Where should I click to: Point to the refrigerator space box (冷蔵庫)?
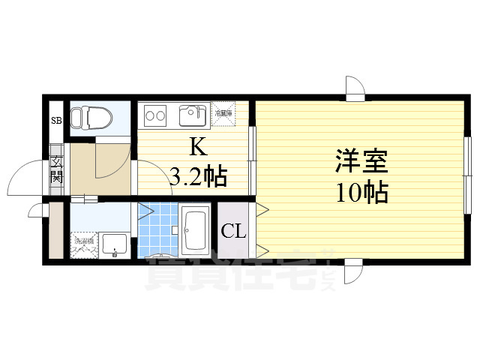[223, 112]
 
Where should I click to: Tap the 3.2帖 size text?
[198, 178]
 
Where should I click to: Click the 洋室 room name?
[361, 162]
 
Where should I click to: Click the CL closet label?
[233, 231]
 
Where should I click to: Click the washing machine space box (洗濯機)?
[84, 244]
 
